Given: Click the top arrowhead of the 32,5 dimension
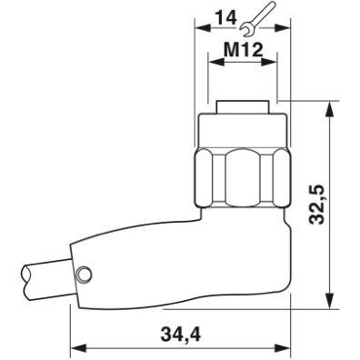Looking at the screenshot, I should (330, 105).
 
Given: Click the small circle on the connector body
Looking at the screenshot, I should (84, 274).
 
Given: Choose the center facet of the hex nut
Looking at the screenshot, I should (240, 174).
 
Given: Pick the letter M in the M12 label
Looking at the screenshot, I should (228, 53).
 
